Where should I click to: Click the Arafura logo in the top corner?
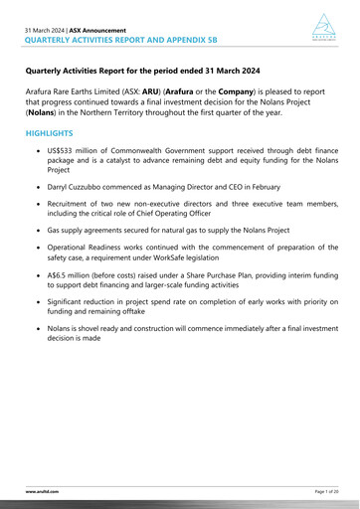tap(325, 26)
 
